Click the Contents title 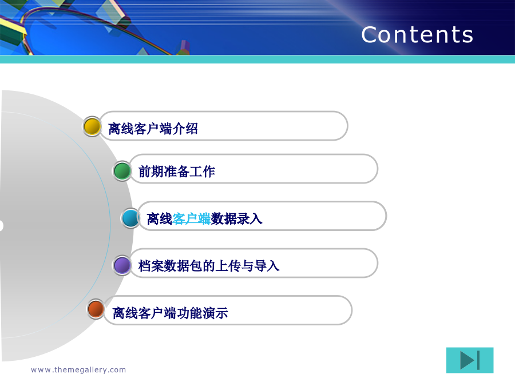417,34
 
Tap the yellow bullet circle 92,126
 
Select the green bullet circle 122,170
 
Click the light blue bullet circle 130,218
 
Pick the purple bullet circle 122,265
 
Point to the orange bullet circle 96,309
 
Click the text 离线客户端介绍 153,129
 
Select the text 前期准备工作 177,172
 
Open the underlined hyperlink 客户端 191,219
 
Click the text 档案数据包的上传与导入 209,266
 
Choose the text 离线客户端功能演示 170,313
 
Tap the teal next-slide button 470,360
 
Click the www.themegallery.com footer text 78,370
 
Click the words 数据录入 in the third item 236,219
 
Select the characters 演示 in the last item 216,313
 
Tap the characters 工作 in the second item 203,172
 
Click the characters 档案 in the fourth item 151,266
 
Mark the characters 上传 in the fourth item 228,266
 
